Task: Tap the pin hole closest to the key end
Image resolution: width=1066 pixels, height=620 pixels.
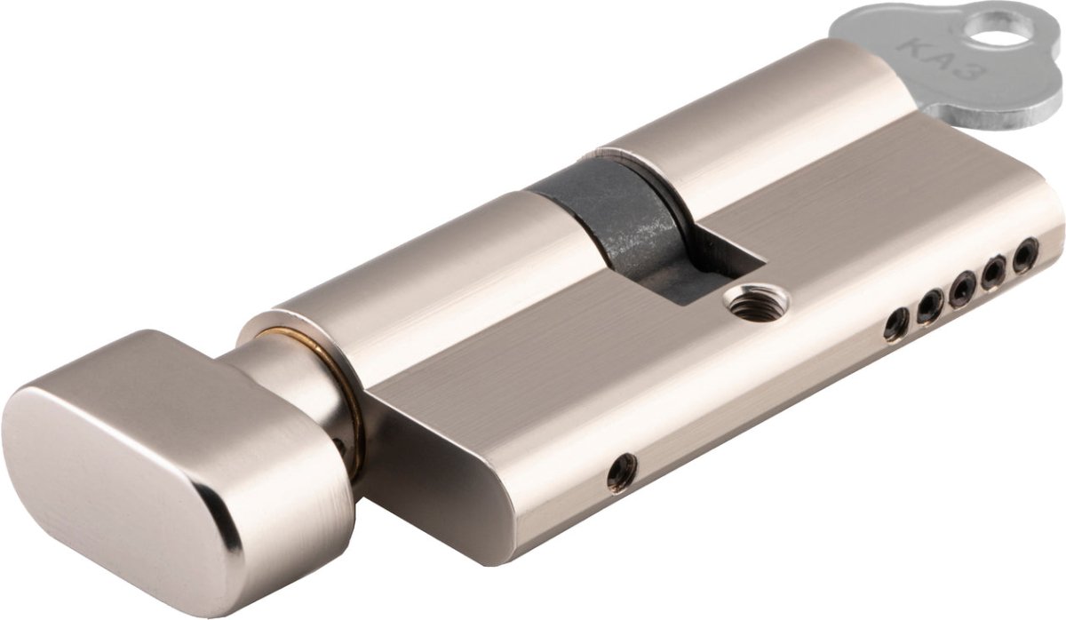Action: click(1026, 254)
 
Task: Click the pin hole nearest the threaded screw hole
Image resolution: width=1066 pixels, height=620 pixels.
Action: click(895, 326)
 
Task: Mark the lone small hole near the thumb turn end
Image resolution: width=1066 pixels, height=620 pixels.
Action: click(622, 471)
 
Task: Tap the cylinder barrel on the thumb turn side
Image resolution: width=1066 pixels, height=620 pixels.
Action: click(426, 275)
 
